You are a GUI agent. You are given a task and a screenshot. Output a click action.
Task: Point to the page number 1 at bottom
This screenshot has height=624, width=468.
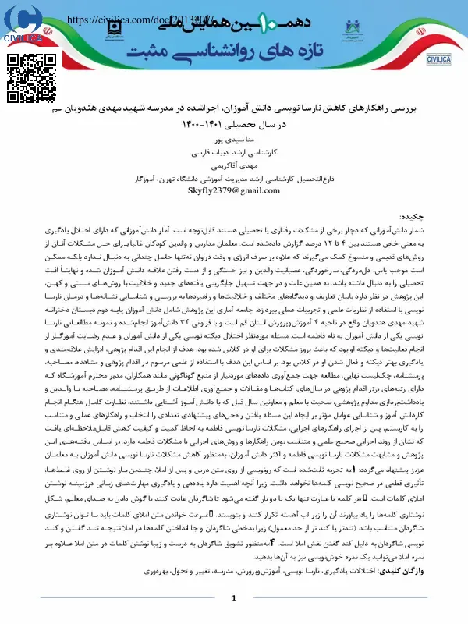(233, 597)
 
